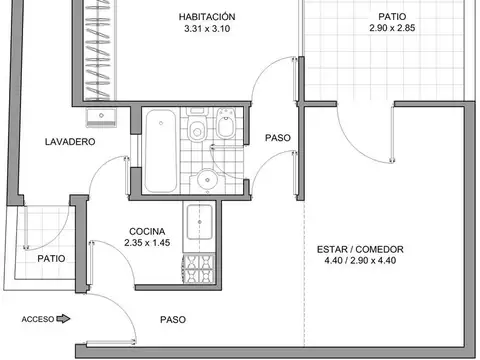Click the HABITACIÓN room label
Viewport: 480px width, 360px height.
(x=207, y=17)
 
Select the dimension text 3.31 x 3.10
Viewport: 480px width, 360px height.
(x=207, y=31)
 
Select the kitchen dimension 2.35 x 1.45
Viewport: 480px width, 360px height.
(x=147, y=241)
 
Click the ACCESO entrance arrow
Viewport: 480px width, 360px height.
(x=64, y=320)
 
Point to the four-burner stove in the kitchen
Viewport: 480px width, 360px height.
(x=195, y=266)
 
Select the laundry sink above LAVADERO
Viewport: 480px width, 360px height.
(x=100, y=119)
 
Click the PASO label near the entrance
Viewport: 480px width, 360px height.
(x=172, y=320)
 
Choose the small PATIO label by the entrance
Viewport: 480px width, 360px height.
(x=52, y=258)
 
